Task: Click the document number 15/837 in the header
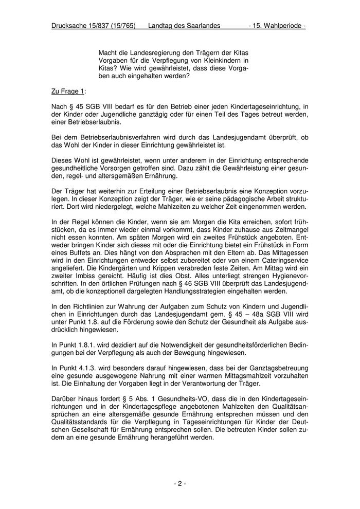click(x=100, y=26)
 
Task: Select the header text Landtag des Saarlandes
click(x=184, y=26)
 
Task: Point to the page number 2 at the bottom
click(x=179, y=483)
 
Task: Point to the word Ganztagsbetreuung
click(x=277, y=368)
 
